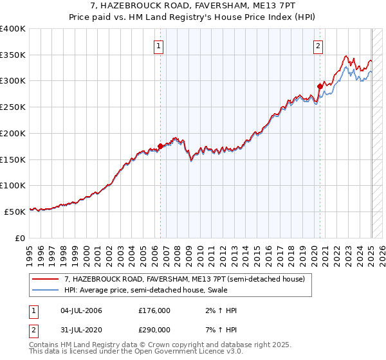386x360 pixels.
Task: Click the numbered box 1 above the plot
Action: pos(158,45)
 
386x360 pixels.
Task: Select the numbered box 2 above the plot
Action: pos(318,45)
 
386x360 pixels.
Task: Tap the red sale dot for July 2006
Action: pos(160,146)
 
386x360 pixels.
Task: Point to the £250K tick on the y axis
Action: pos(13,107)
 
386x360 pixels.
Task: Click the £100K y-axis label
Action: pos(13,185)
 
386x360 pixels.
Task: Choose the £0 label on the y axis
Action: pos(19,238)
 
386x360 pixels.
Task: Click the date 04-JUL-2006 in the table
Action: pos(80,310)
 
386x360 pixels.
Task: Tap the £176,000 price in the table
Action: pos(154,310)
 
